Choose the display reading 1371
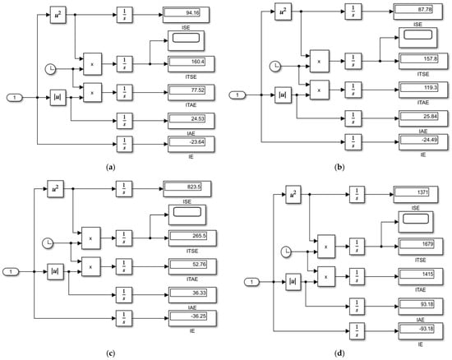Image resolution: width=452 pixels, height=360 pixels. (x=417, y=192)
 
